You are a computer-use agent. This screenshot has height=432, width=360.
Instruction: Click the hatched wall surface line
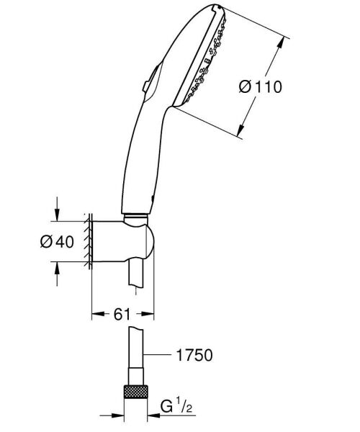coord(87,241)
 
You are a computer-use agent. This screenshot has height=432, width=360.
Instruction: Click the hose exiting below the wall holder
coord(136,277)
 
